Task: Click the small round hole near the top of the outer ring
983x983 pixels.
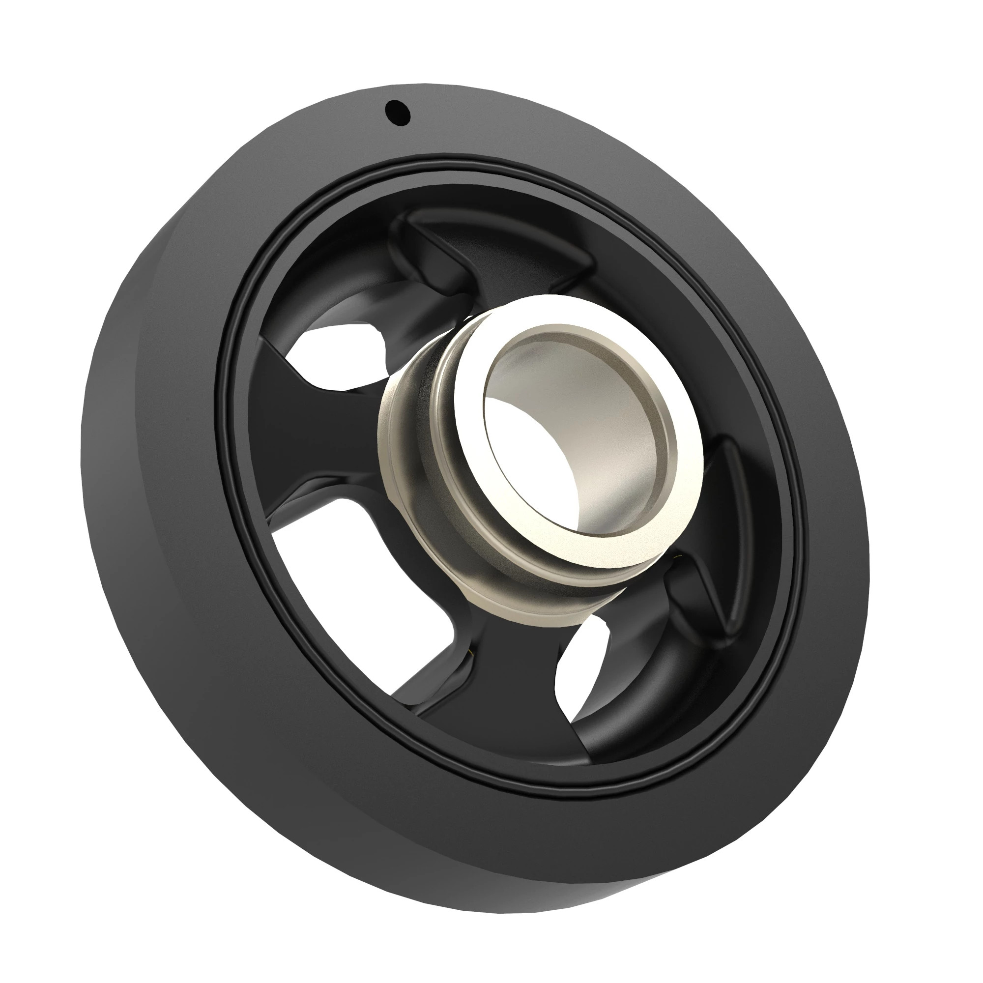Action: tap(397, 113)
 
